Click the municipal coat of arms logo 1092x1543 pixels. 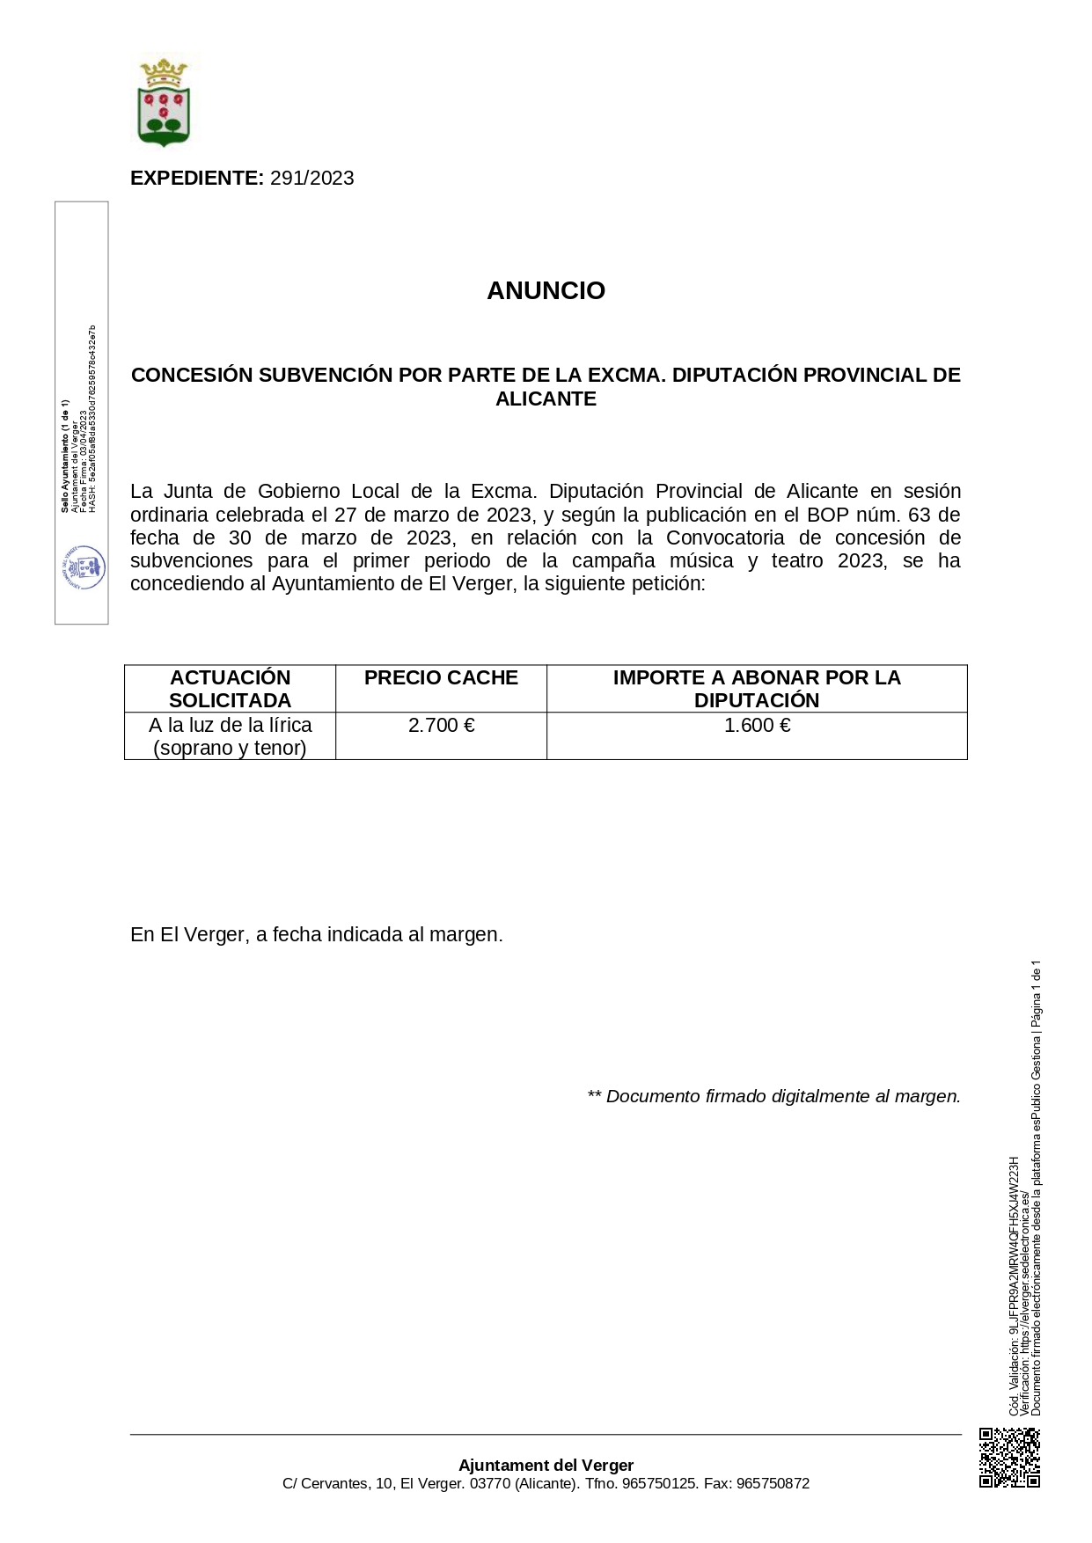coord(164,102)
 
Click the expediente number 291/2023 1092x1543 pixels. coord(311,178)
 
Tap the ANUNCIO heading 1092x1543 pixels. coord(546,290)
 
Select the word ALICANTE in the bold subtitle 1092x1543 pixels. coord(546,399)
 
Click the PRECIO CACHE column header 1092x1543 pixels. coord(441,677)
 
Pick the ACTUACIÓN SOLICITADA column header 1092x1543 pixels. coord(230,689)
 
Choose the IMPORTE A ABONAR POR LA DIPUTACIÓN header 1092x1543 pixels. coord(757,689)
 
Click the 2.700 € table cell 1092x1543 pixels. coord(441,725)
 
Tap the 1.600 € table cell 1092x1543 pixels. coord(757,725)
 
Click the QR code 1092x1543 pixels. coord(1009,1458)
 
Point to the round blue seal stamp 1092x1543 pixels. coord(84,567)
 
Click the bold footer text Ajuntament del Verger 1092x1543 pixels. coord(546,1465)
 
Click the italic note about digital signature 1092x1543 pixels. coord(773,1096)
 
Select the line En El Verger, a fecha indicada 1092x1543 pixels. coord(317,934)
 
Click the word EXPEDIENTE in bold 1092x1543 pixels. coord(196,178)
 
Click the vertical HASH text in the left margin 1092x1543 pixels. coord(92,419)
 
